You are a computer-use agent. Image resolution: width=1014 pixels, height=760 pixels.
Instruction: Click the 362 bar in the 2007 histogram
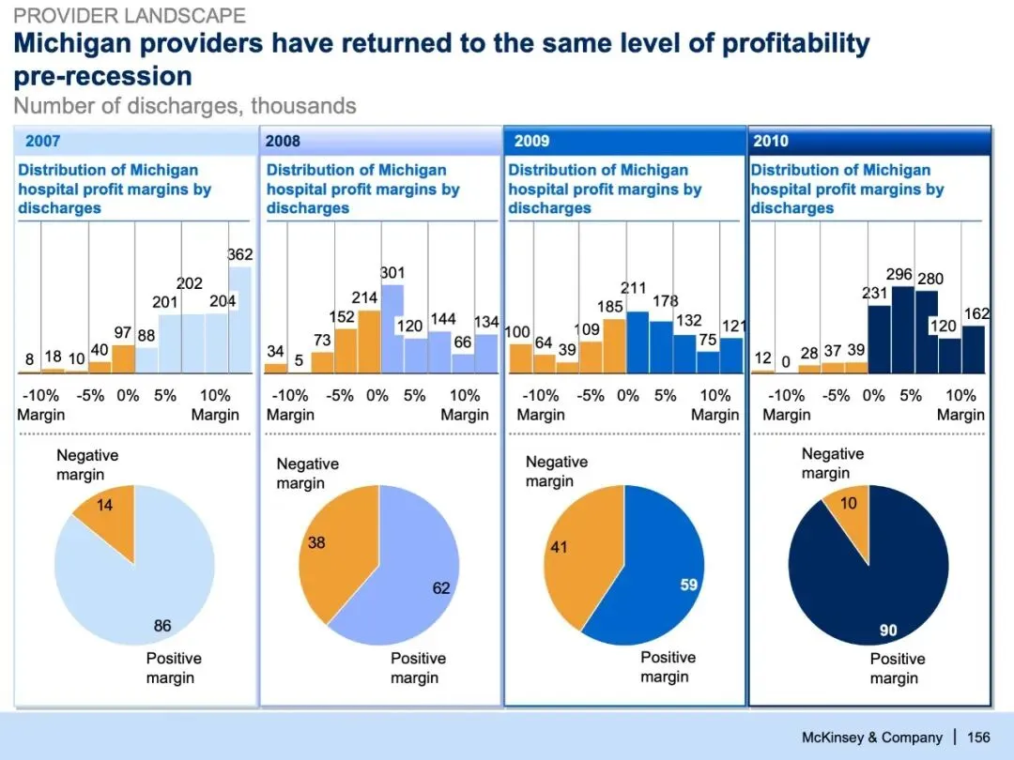coord(240,319)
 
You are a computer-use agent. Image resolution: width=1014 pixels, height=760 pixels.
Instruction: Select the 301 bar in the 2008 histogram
coord(392,328)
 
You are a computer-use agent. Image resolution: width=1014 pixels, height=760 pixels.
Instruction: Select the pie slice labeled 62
coord(413,582)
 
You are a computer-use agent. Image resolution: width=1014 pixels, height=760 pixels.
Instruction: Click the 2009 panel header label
coord(532,142)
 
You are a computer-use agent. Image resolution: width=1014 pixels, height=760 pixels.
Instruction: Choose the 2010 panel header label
coord(771,142)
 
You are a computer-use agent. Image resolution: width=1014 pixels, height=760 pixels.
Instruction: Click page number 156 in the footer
coord(978,737)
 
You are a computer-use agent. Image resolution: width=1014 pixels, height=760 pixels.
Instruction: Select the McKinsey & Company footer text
coord(871,737)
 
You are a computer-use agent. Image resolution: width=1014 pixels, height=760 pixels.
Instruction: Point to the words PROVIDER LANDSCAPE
coord(130,16)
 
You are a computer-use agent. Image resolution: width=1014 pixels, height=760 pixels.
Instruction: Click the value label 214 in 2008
coord(364,297)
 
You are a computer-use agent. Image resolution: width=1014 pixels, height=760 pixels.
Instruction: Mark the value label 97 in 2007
coord(122,333)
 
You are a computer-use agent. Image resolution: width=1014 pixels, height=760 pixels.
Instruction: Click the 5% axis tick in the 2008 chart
coord(414,395)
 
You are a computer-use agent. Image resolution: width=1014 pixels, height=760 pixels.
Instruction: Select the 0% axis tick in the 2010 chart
coord(873,395)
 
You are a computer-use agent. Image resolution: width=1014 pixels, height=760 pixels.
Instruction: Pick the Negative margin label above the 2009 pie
coord(556,471)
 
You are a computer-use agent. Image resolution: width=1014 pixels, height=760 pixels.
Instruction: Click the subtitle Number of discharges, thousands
coord(185,106)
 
